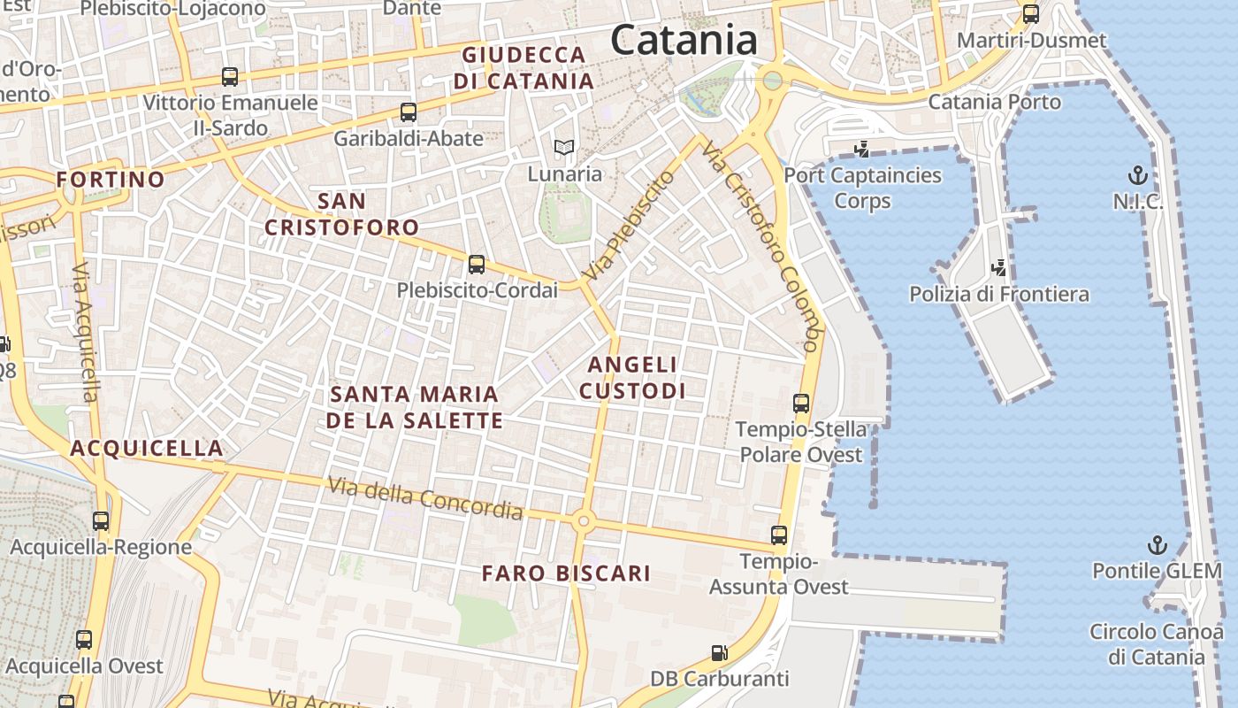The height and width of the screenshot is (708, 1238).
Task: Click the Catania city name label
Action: click(684, 41)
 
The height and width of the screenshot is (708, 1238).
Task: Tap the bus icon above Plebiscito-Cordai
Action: click(477, 264)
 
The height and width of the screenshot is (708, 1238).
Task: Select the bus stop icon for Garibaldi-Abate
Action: click(408, 112)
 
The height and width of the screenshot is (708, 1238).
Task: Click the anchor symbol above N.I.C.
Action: click(1138, 175)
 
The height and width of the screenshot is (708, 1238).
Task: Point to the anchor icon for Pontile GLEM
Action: click(1157, 545)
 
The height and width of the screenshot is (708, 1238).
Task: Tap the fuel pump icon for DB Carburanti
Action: click(720, 654)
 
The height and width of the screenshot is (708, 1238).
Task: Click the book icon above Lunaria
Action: click(564, 148)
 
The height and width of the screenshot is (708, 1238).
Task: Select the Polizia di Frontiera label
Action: click(999, 294)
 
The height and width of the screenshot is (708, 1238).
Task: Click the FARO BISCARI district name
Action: click(566, 573)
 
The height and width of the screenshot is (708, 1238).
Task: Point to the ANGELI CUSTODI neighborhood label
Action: click(632, 377)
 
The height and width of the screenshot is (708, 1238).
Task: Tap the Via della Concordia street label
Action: click(424, 498)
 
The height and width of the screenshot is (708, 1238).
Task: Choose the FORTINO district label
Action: click(111, 180)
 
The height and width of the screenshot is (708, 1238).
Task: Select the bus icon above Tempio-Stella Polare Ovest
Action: click(801, 404)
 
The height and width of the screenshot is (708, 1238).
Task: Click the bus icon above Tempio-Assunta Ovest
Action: click(778, 535)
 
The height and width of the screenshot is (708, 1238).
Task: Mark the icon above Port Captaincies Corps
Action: click(861, 150)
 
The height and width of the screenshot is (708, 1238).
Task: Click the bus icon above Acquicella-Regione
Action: click(101, 521)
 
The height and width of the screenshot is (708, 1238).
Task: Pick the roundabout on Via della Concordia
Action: click(582, 521)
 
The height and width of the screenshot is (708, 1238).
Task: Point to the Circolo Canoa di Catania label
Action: click(1159, 644)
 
